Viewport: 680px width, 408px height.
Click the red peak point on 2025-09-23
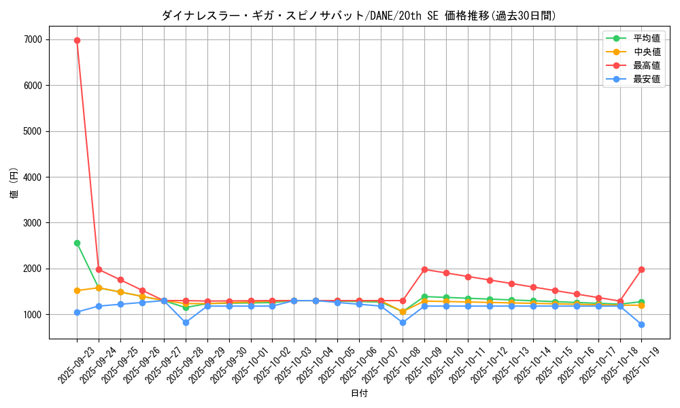click(77, 40)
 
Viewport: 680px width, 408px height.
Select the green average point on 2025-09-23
click(77, 243)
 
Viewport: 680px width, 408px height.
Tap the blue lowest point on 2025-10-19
click(641, 324)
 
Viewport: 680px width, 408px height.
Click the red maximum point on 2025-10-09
click(424, 269)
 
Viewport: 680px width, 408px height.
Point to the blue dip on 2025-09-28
click(186, 322)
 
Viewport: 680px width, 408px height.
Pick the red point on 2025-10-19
click(641, 269)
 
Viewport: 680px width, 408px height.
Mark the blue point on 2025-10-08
click(403, 322)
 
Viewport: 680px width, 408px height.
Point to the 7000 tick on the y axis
click(33, 40)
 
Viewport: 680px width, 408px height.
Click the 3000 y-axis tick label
click(33, 223)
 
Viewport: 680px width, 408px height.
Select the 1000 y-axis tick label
click(33, 315)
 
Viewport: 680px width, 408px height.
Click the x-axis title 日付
click(359, 394)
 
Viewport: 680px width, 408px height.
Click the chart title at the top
click(359, 16)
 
